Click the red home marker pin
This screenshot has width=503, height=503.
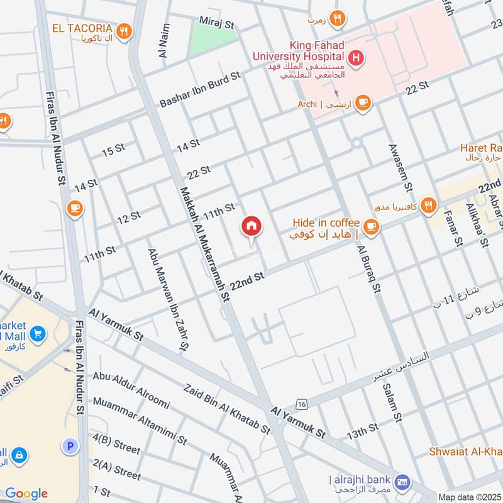251,227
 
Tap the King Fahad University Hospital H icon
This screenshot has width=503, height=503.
357,58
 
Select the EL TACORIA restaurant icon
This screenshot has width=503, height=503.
124,30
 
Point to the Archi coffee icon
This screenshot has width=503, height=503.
363,102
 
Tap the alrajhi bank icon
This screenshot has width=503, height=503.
403,482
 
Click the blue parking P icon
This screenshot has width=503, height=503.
70,446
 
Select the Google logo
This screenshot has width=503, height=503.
26,494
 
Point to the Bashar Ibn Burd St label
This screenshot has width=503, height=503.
201,89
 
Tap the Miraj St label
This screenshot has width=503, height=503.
217,23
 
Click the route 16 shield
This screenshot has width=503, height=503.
303,403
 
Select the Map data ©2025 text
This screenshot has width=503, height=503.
468,497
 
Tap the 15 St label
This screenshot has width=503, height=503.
113,150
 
